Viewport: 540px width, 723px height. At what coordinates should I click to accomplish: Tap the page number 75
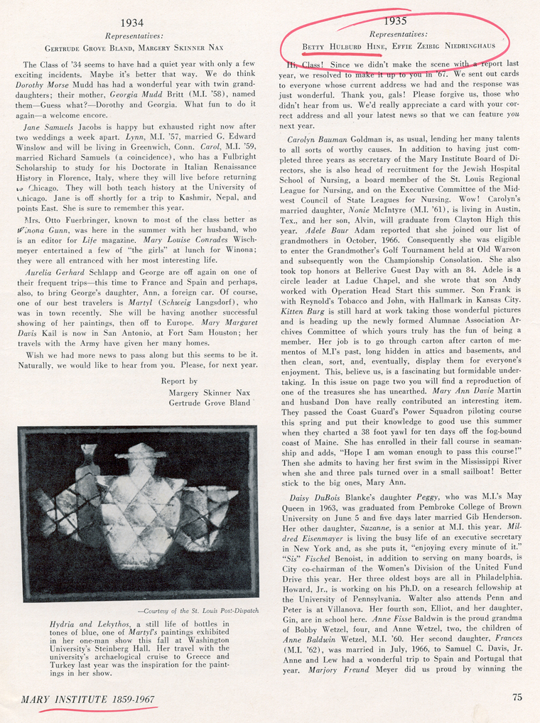(x=517, y=697)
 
